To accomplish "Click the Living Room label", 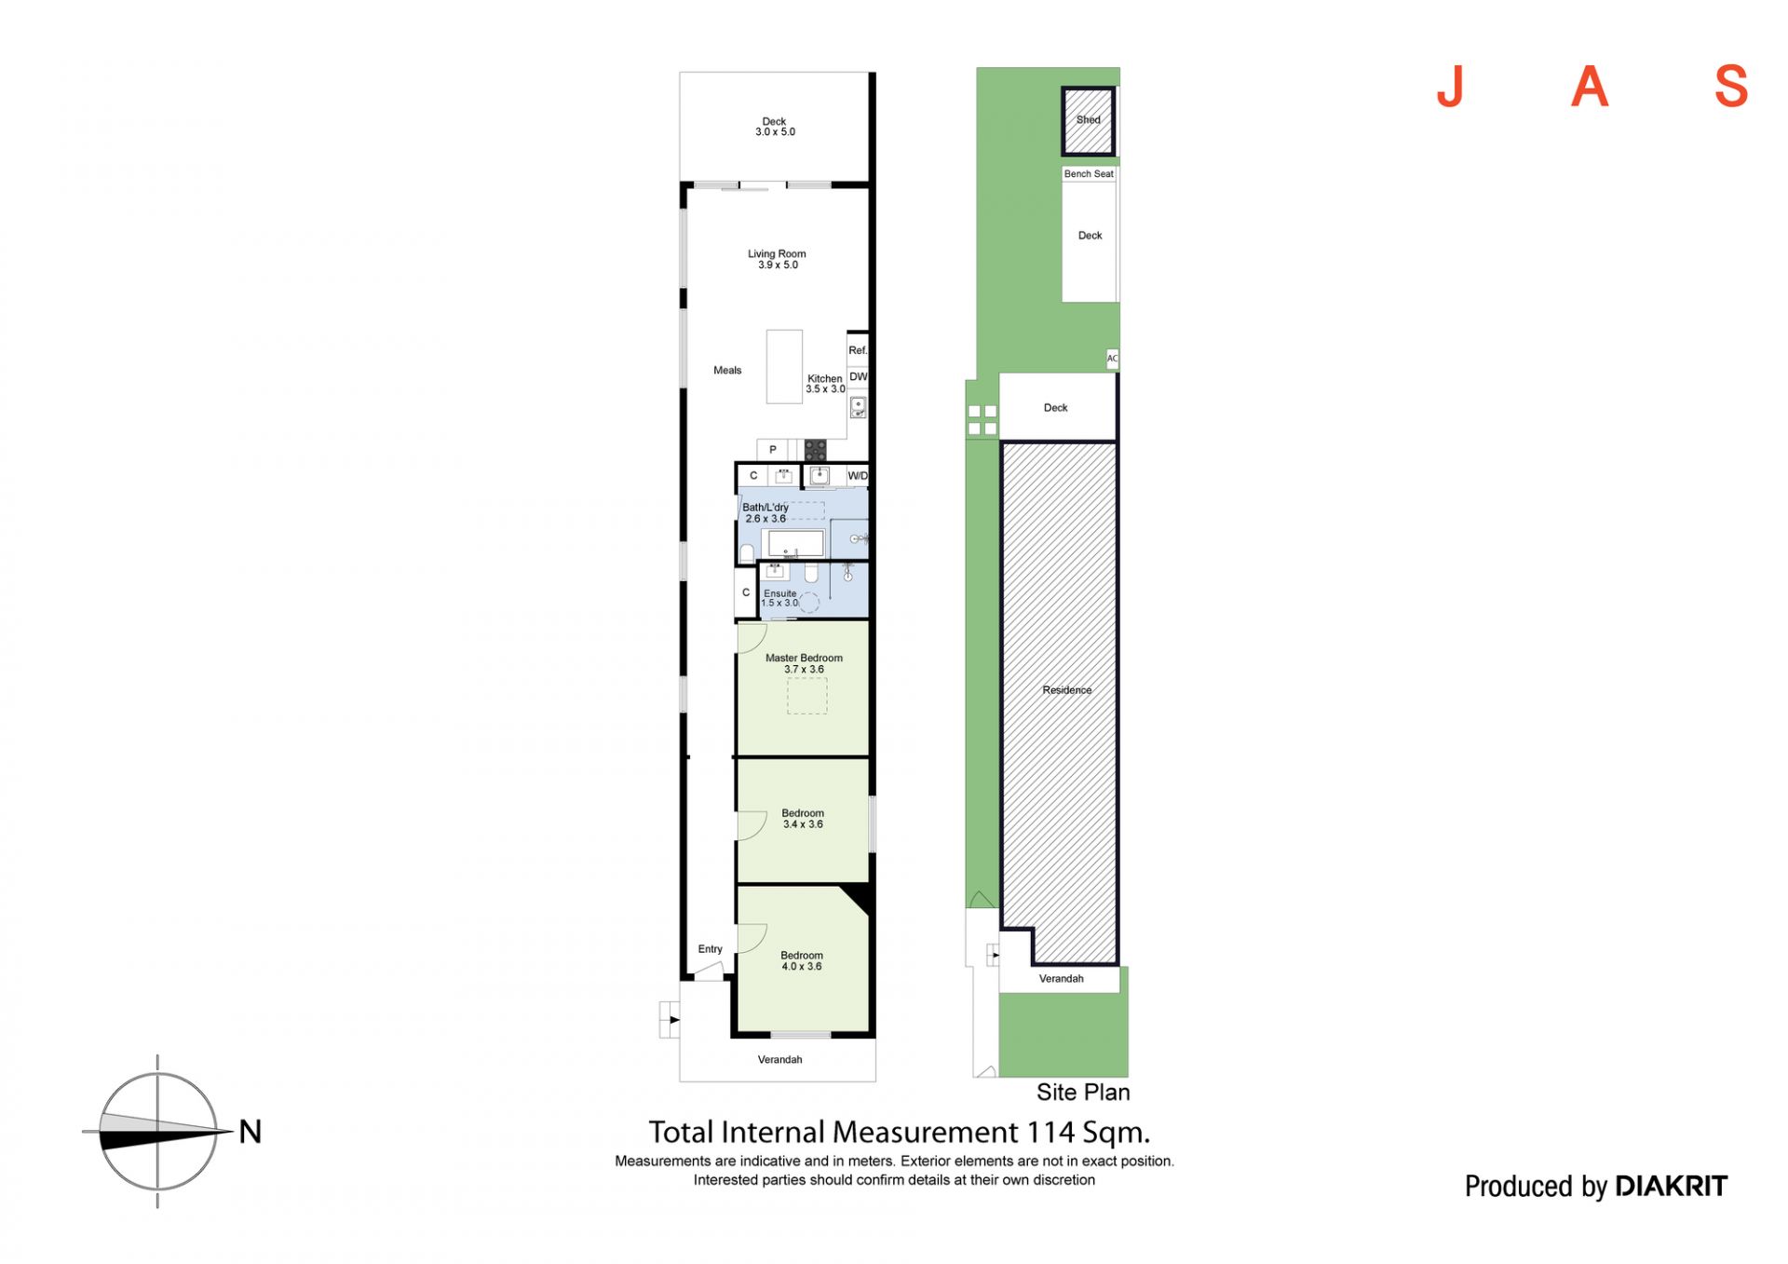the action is tap(777, 253).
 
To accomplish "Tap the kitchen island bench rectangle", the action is tap(784, 367).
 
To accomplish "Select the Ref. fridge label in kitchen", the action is tap(858, 350).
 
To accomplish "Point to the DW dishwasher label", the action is tap(858, 377).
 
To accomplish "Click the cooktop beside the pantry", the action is tap(816, 451).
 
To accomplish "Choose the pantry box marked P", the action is tap(772, 450).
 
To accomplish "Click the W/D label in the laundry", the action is tap(858, 476).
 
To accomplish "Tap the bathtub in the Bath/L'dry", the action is tap(795, 544).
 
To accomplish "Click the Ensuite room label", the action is tap(780, 593).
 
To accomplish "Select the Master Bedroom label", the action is tap(804, 658).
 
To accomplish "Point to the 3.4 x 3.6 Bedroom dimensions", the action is tap(803, 824).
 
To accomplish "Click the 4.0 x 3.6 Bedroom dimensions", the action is tap(802, 967).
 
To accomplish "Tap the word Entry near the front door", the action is tap(710, 949).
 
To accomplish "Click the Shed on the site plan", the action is tap(1088, 120).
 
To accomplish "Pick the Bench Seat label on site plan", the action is tap(1089, 174).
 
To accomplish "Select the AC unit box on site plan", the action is tap(1112, 359).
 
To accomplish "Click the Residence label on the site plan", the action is tap(1066, 690).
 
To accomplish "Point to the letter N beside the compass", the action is tap(251, 1132).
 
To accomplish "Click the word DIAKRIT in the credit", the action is tap(1672, 1186).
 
